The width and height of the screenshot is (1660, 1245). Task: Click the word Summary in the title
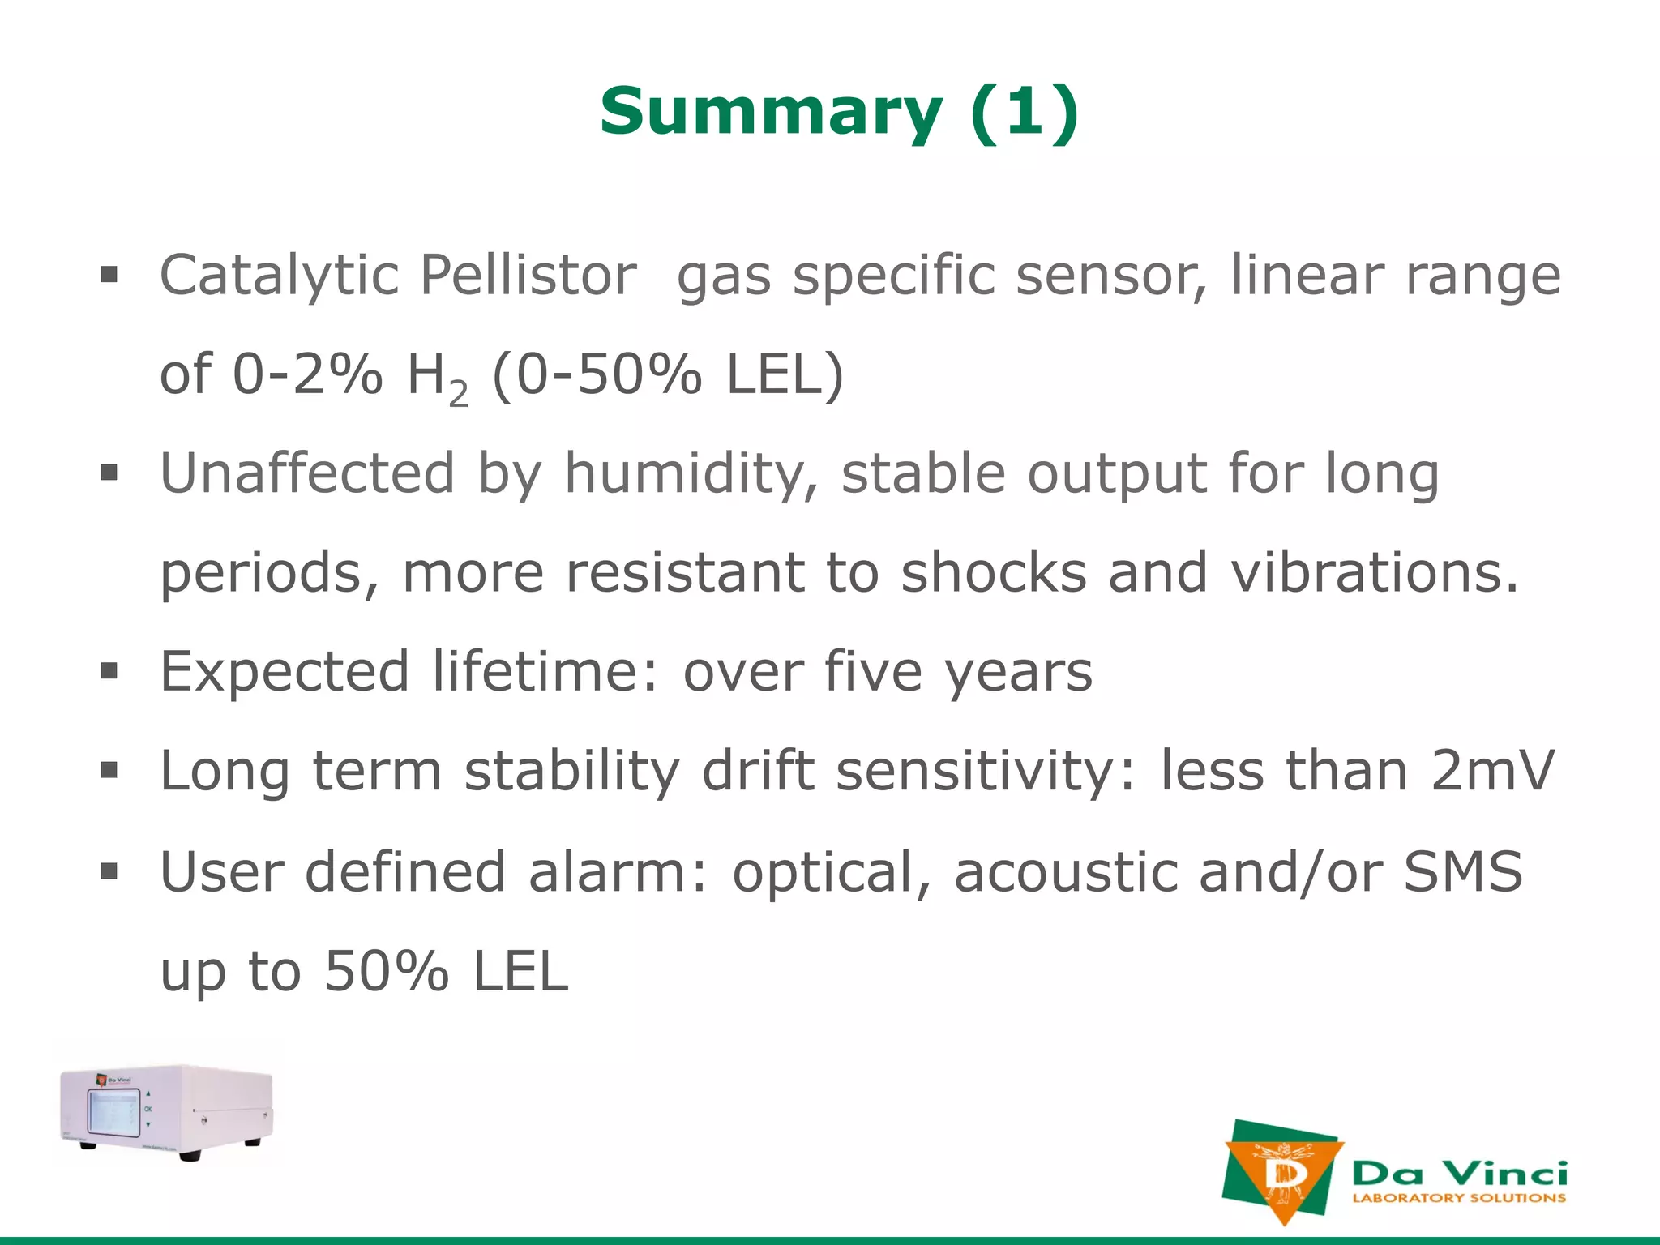coord(771,112)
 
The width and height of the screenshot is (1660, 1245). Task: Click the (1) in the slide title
coord(1025,112)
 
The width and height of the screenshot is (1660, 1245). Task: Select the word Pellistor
coord(528,276)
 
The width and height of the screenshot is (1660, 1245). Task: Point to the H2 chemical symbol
coord(436,378)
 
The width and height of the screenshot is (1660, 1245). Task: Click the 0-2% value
coord(307,375)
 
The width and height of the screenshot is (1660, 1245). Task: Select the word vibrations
coord(1374,573)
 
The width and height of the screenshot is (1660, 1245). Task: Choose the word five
coord(873,672)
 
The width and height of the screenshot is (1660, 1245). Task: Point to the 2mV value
coord(1492,771)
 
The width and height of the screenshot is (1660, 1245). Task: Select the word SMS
coord(1463,872)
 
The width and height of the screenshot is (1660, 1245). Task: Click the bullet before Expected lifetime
coord(109,671)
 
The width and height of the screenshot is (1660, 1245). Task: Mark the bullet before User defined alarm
coord(109,871)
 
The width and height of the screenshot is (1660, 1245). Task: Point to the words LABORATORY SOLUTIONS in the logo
coord(1459,1198)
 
